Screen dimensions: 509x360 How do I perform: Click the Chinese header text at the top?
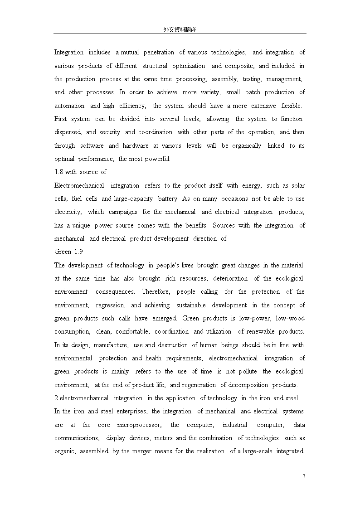(x=180, y=29)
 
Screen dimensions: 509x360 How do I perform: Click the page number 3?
(x=304, y=476)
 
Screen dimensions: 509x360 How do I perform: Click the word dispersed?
(x=68, y=132)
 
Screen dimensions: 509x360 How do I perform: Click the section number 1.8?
(x=59, y=172)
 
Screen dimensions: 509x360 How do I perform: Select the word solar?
(x=298, y=185)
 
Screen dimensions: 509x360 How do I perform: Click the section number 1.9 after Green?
(x=78, y=252)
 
